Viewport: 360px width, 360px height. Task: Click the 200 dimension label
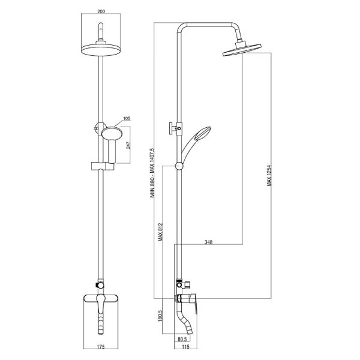101,11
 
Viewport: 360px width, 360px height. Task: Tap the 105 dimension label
127,118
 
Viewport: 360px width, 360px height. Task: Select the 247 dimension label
128,145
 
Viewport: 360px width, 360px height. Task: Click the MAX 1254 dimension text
269,175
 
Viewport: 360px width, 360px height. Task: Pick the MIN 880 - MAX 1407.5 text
152,173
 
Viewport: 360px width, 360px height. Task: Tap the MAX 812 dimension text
160,232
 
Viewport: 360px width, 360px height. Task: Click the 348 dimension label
208,242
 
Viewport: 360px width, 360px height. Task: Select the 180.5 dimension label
160,316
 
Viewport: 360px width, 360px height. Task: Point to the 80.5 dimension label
182,339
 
